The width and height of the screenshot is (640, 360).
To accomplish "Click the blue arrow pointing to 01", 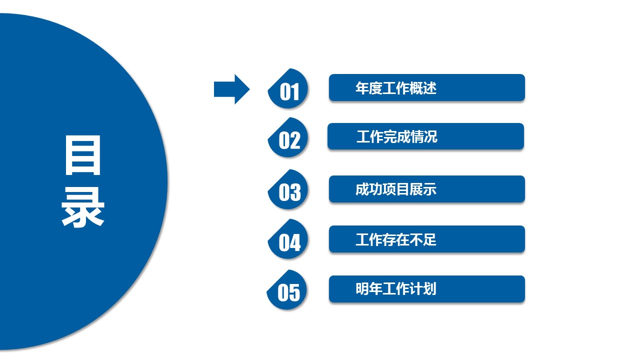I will click(x=231, y=89).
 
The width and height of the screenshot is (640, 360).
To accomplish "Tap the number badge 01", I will click(x=288, y=89).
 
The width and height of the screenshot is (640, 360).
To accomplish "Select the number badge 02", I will click(x=288, y=138).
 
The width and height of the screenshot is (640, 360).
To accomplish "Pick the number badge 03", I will click(x=288, y=190).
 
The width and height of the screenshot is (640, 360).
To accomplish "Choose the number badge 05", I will click(x=288, y=291).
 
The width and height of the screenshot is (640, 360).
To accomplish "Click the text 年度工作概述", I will click(x=395, y=88).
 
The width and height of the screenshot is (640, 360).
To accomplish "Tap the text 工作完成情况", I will click(x=396, y=137).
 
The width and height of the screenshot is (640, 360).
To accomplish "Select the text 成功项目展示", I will click(x=395, y=189).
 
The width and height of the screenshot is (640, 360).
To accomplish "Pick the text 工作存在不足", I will click(x=395, y=240).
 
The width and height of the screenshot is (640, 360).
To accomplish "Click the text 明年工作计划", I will click(x=395, y=289).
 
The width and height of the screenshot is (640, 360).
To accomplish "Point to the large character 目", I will click(x=83, y=157).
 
